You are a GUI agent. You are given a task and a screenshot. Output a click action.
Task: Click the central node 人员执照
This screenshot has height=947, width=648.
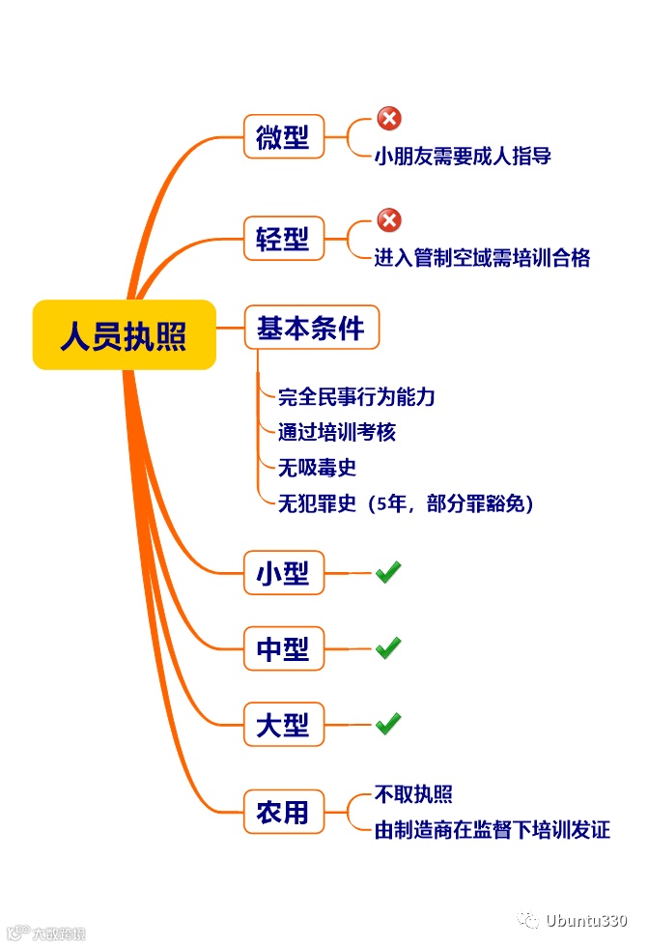pyautogui.click(x=124, y=335)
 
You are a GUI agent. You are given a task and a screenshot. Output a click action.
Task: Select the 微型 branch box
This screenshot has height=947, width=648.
pyautogui.click(x=283, y=137)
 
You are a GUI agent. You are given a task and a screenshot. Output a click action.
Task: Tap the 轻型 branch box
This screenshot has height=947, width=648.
pyautogui.click(x=283, y=239)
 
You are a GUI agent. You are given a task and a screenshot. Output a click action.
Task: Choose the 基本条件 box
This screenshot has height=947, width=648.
pyautogui.click(x=311, y=329)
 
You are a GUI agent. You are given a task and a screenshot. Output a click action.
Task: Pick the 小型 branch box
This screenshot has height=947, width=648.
pyautogui.click(x=283, y=574)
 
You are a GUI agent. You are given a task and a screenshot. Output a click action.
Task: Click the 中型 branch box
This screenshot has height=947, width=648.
pyautogui.click(x=283, y=649)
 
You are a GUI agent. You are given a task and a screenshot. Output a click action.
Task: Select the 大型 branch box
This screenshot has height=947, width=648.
pyautogui.click(x=283, y=725)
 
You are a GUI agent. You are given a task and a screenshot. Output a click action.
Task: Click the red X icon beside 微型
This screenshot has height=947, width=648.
pyautogui.click(x=388, y=119)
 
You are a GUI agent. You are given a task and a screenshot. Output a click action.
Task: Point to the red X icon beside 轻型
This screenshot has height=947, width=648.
pyautogui.click(x=388, y=220)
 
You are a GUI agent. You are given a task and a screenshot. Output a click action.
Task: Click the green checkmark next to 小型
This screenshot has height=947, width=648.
pyautogui.click(x=388, y=573)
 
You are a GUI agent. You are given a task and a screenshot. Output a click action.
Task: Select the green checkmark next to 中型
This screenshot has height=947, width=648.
pyautogui.click(x=388, y=648)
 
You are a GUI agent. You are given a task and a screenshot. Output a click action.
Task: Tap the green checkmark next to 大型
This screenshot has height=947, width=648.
pyautogui.click(x=388, y=724)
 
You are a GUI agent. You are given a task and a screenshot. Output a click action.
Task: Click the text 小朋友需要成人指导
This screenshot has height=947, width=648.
pyautogui.click(x=463, y=156)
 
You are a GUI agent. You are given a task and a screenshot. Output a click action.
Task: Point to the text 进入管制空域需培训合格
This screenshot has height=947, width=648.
pyautogui.click(x=482, y=258)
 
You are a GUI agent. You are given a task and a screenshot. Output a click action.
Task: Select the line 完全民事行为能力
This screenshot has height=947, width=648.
pyautogui.click(x=356, y=396)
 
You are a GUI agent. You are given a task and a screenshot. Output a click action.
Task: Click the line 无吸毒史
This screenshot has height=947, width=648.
pyautogui.click(x=317, y=468)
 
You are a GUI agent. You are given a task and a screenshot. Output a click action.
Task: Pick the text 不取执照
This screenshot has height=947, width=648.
pyautogui.click(x=413, y=794)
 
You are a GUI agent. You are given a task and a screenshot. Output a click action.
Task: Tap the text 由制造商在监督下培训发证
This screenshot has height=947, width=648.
pyautogui.click(x=492, y=830)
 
